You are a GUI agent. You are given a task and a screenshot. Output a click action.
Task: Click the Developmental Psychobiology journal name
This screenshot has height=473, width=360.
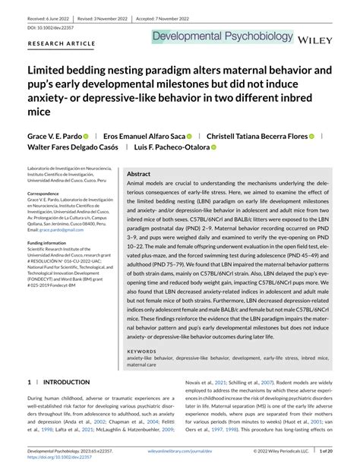[223, 36]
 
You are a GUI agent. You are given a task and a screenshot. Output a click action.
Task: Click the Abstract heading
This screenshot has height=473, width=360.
[139, 174]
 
